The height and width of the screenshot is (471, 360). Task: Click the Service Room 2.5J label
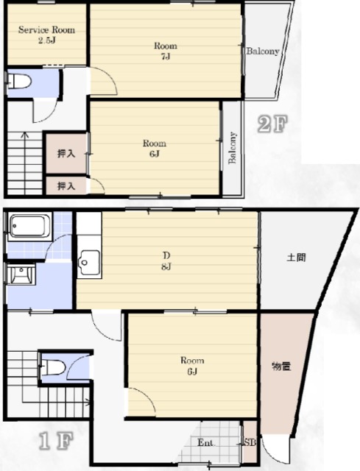pos(46,35)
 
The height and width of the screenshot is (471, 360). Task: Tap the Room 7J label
pos(165,51)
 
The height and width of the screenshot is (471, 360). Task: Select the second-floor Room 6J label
pos(154,149)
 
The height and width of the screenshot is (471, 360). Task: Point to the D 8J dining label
pos(166,261)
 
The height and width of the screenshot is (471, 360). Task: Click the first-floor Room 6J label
pos(192,366)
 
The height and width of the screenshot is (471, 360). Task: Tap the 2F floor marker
pos(272,124)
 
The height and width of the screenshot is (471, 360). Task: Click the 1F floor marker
pos(56,441)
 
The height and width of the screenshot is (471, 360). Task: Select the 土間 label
pos(296,258)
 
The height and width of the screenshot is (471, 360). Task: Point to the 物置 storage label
pos(281,366)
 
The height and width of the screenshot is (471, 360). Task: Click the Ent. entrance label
pos(206,442)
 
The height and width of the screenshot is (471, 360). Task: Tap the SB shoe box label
pos(250,442)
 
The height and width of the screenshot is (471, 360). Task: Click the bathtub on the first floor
pos(29,226)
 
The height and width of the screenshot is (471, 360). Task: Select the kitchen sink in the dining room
pos(89,262)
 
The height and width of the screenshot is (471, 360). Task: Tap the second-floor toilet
pos(19,81)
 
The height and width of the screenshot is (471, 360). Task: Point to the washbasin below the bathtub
pos(21,273)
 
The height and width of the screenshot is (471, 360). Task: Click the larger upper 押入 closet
pos(67,154)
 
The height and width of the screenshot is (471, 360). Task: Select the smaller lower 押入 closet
pos(66,185)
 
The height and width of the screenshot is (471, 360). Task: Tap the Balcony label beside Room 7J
pos(263,52)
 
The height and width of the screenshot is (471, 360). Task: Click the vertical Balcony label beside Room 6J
pos(233,147)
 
